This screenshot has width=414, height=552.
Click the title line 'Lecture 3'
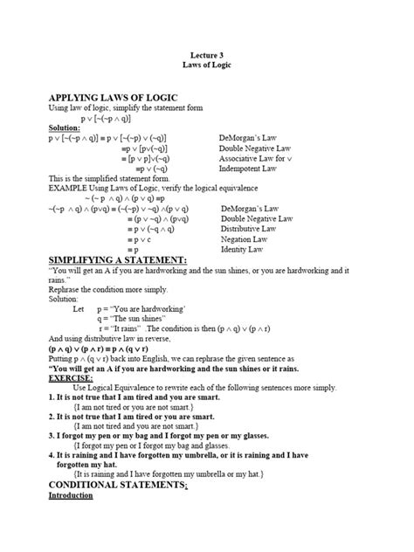pos(207,54)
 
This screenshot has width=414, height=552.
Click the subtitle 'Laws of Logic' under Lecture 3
pos(207,65)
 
